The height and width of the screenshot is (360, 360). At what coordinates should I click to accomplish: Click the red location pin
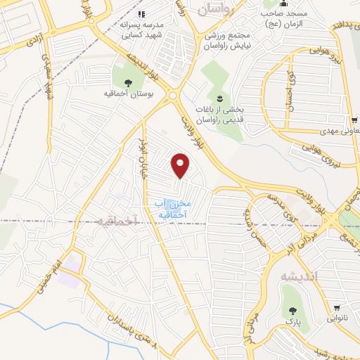181,165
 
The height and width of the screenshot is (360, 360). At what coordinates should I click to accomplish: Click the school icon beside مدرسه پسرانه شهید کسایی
141,13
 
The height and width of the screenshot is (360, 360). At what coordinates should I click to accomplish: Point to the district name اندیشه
299,276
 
